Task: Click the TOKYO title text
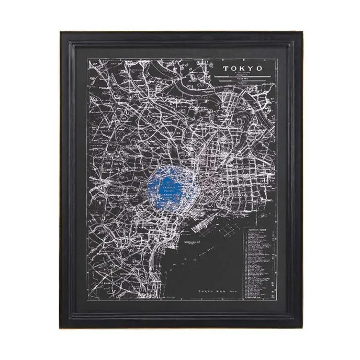click(243, 69)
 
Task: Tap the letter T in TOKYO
click(226, 69)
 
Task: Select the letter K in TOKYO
click(243, 69)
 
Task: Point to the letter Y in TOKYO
click(252, 69)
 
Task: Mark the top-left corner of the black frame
click(61, 32)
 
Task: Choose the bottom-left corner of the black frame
click(61, 328)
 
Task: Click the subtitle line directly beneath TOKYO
click(243, 74)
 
